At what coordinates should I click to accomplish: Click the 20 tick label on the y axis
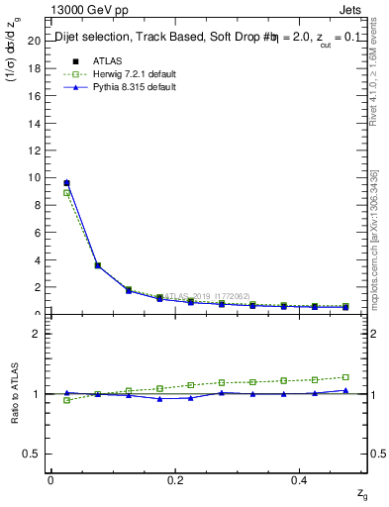point(35,40)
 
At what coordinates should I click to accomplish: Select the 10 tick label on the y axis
point(35,177)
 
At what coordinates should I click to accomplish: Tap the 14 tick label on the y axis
point(35,122)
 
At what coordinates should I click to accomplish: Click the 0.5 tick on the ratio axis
point(33,454)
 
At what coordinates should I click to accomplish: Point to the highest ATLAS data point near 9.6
point(66,183)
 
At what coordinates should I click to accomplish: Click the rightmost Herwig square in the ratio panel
point(345,377)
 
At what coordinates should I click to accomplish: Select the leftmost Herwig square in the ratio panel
point(66,400)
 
